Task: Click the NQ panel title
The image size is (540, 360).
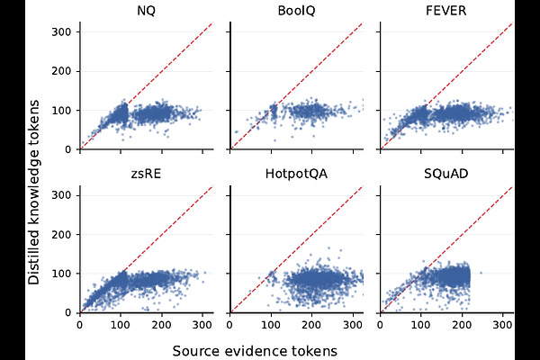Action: [x=145, y=11]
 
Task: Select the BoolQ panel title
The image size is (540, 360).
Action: [x=295, y=11]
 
